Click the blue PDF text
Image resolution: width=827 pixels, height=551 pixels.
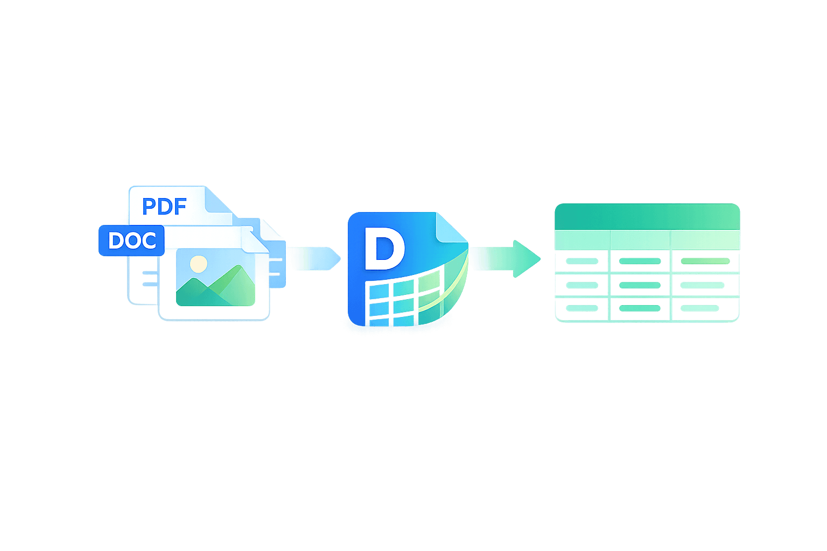[x=164, y=206]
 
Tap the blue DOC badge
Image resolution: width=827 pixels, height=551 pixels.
[x=131, y=241]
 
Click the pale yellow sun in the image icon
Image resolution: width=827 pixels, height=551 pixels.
[x=199, y=264]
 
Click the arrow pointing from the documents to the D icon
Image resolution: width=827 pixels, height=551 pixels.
[x=315, y=258]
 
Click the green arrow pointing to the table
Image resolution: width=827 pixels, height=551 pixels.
[x=506, y=259]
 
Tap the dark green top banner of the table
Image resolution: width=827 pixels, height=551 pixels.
[x=647, y=216]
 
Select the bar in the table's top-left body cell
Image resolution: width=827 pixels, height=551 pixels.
[x=582, y=262]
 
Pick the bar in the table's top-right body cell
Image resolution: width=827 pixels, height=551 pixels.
[x=705, y=262]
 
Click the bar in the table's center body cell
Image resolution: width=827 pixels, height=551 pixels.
[x=640, y=285]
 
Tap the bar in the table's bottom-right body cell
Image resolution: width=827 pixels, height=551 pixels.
[x=699, y=308]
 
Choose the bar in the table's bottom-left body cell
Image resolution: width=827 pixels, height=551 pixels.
[x=582, y=308]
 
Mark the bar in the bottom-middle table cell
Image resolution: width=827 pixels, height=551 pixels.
[x=640, y=308]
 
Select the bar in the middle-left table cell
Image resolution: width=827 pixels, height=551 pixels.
[x=582, y=285]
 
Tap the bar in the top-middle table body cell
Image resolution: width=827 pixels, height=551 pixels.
[x=640, y=262]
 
